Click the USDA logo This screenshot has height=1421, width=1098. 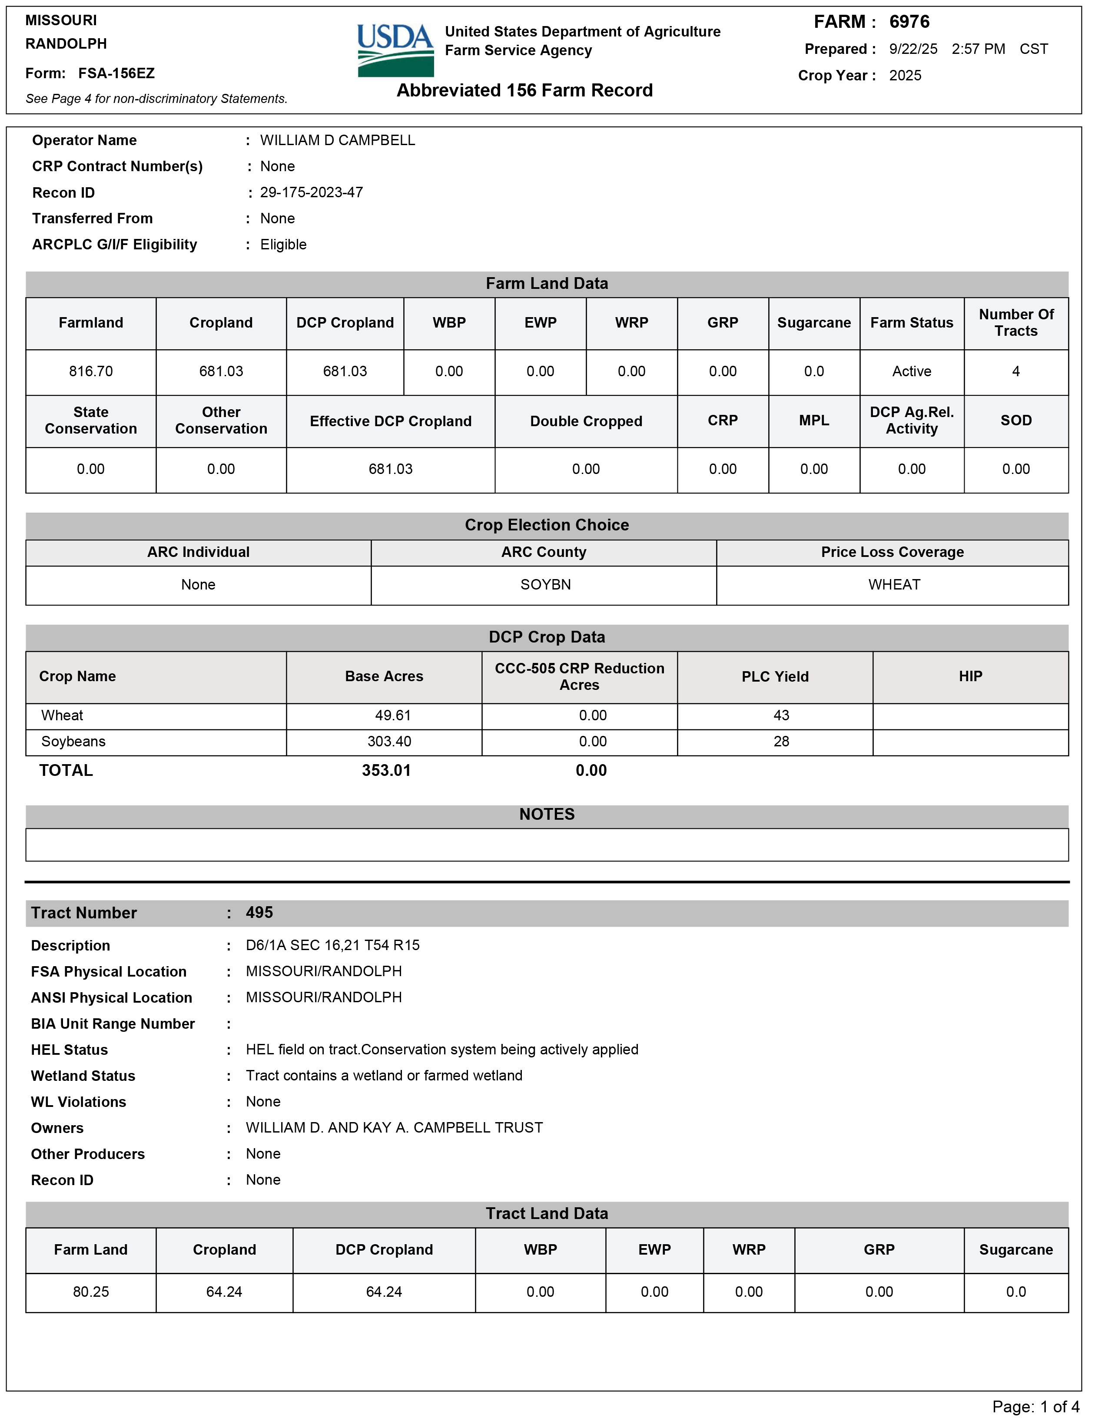pos(395,50)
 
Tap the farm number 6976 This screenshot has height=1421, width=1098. pos(909,22)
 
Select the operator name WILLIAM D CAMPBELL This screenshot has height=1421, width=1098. pos(337,141)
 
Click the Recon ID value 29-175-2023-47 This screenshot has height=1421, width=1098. pos(311,192)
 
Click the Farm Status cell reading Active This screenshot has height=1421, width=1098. pos(911,371)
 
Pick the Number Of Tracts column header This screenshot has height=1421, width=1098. pos(1015,323)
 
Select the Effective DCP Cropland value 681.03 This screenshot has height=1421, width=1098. pos(391,469)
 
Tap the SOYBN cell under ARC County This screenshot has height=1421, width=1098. pos(545,585)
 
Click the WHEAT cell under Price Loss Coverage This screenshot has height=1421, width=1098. pos(894,585)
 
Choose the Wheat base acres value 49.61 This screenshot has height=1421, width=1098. pos(392,715)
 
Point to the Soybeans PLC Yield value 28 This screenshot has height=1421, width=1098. pos(781,742)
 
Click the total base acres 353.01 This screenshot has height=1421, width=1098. pos(386,771)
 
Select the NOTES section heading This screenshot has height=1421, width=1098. pos(547,815)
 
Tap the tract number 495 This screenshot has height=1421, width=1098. pos(259,913)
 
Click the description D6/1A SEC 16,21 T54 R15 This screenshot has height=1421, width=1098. pos(332,945)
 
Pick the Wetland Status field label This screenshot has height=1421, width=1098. pos(83,1076)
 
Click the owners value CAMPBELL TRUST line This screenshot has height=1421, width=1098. pos(394,1128)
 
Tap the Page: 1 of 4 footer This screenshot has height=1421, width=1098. pos(1035,1407)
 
